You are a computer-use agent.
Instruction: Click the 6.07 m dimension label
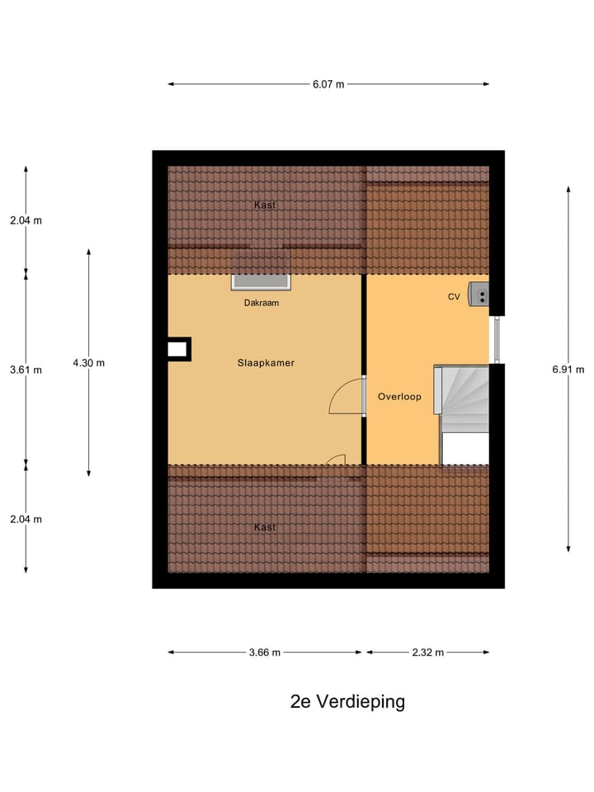(x=328, y=84)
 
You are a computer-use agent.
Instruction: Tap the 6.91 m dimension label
(x=568, y=370)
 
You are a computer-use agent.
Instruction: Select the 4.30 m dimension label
(x=88, y=362)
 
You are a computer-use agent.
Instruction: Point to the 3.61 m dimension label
(x=26, y=370)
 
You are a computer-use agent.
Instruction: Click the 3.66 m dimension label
(x=265, y=653)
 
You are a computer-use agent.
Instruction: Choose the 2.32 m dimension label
(x=428, y=653)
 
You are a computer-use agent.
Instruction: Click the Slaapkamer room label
(x=266, y=363)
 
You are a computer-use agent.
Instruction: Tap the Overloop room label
(x=399, y=397)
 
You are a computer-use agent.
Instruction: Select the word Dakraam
(x=261, y=303)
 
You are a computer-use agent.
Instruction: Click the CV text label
(x=454, y=296)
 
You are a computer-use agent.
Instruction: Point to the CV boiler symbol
(x=478, y=294)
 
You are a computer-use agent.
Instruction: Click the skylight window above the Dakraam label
(x=261, y=281)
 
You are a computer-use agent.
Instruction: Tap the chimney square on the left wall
(x=177, y=349)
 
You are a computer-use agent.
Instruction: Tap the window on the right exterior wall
(x=496, y=339)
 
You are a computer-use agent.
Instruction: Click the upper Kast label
(x=265, y=204)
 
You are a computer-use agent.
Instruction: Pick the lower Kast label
(x=265, y=527)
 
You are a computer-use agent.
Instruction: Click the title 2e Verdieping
(x=347, y=702)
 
